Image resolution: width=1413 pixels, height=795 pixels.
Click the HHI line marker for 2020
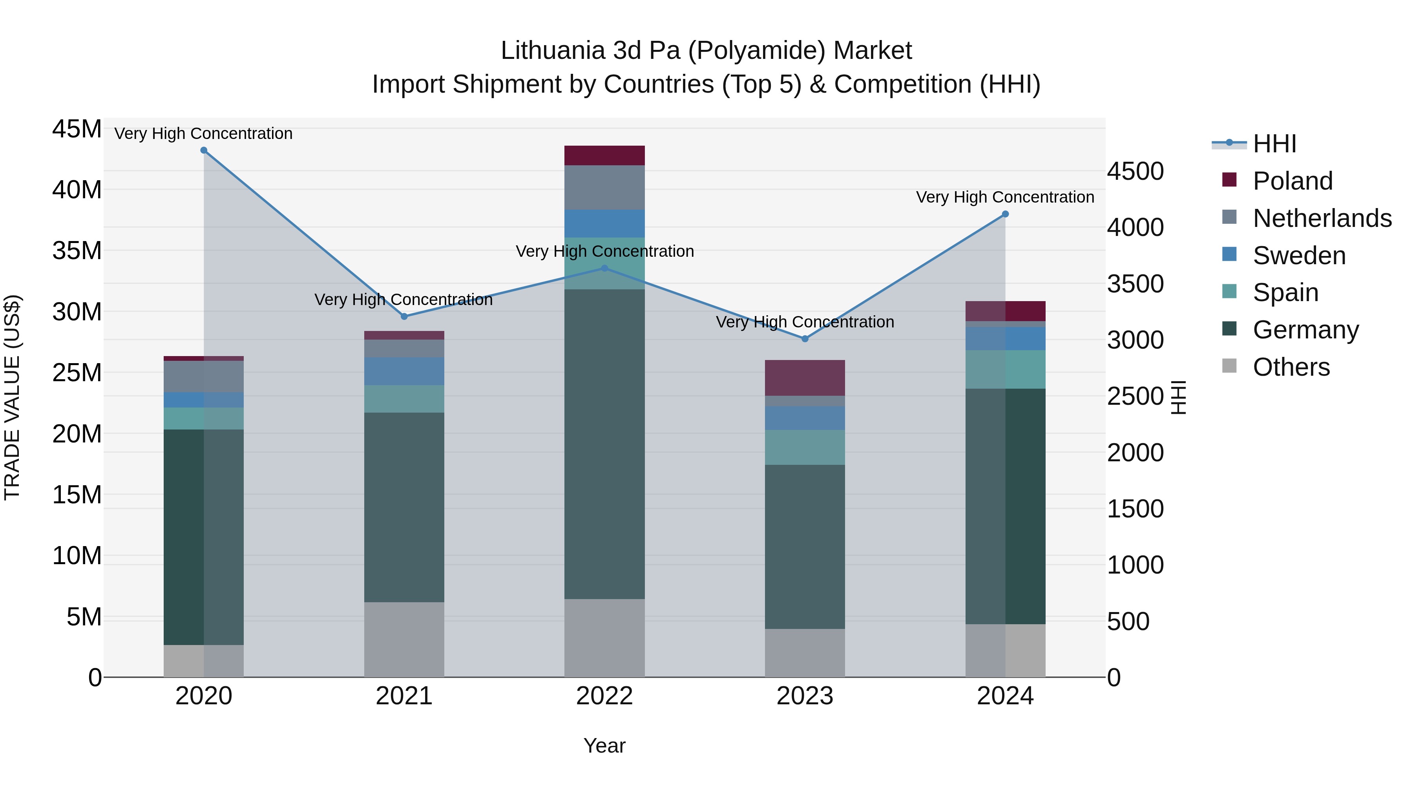tap(203, 150)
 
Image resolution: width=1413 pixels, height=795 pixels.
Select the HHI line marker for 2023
tap(805, 339)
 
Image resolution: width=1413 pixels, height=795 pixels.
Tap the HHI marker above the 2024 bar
tap(1005, 214)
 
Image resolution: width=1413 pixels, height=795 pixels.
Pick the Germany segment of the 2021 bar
tap(404, 508)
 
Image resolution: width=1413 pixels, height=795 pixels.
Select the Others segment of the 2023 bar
tap(805, 653)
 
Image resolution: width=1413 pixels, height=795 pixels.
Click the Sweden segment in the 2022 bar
tap(604, 223)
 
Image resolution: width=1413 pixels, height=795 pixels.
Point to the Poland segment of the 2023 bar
tap(805, 378)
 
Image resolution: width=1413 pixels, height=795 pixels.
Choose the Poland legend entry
tap(1293, 181)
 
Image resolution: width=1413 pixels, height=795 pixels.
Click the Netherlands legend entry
tap(1322, 218)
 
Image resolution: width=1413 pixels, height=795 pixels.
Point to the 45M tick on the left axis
tap(77, 130)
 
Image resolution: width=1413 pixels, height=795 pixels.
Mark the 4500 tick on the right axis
tap(1135, 171)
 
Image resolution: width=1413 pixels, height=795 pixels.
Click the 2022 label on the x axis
tap(604, 696)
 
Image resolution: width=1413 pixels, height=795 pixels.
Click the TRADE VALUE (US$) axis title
tap(12, 397)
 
